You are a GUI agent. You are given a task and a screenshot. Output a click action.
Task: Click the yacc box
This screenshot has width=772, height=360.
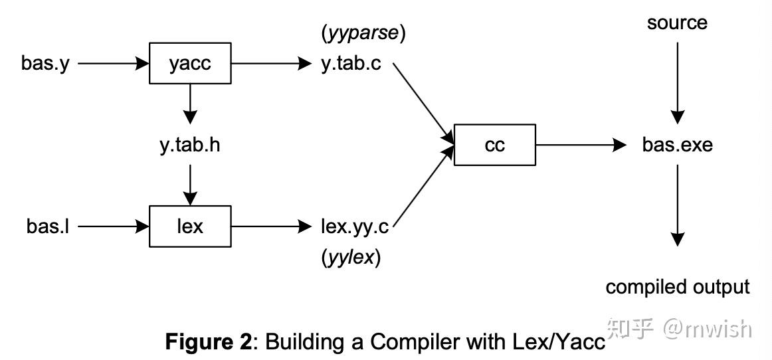click(190, 64)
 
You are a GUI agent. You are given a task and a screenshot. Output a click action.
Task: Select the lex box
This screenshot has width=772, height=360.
click(190, 226)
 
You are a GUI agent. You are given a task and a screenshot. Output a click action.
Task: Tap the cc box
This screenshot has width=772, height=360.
click(494, 145)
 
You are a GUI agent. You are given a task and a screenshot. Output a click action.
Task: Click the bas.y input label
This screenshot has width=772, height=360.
click(45, 64)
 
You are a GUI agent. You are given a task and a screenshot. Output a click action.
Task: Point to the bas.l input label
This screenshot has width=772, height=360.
click(48, 226)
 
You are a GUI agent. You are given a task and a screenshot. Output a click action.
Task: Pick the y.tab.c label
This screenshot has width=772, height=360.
click(351, 64)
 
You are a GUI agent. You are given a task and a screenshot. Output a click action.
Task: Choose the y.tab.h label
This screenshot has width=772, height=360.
click(189, 145)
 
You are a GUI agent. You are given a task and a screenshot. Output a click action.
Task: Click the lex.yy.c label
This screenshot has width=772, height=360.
click(353, 226)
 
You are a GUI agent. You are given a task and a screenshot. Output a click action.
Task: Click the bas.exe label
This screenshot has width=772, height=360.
click(677, 145)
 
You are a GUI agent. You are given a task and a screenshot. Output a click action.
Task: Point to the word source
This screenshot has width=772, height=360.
click(677, 23)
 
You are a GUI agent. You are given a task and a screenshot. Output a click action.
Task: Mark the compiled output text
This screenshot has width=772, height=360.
click(677, 287)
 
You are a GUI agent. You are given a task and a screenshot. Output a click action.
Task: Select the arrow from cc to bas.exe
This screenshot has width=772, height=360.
click(581, 145)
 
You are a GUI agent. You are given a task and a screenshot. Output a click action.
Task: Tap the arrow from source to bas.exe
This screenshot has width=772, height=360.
click(677, 83)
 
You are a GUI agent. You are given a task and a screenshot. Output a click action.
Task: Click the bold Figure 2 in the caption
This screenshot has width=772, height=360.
click(209, 342)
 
